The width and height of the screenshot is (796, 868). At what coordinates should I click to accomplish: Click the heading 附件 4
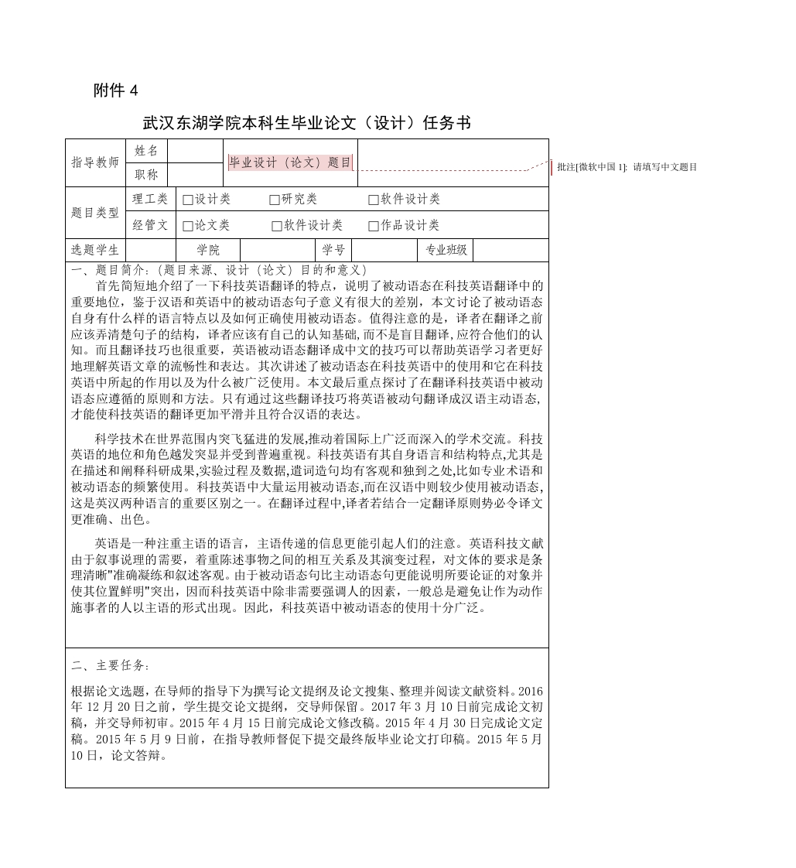coord(115,91)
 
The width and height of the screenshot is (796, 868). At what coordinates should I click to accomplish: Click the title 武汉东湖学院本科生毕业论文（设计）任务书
coord(306,123)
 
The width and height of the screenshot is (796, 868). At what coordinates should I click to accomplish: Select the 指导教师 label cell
coord(95,162)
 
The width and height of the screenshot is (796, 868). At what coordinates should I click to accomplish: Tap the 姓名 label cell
coord(146,151)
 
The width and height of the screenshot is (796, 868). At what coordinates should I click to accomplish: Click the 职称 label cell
coord(146,175)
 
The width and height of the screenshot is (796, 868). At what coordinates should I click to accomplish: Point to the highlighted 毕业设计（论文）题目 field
coord(290,162)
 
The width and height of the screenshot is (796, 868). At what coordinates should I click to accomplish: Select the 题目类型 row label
coord(95,213)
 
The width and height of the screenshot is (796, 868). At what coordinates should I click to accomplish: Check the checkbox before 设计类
coord(188,200)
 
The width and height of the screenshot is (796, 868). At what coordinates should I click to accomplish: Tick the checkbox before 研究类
coord(275,200)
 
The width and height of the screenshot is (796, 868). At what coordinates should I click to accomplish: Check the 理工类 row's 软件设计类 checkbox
coord(374,200)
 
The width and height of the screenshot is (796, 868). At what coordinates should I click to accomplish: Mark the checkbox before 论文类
coord(188,226)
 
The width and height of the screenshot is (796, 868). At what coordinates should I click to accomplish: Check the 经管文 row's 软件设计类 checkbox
coord(277,226)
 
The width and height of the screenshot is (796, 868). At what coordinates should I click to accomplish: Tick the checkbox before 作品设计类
coord(374,226)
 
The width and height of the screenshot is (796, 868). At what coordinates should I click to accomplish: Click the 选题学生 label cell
coord(95,250)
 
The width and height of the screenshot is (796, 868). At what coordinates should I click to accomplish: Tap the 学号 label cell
coord(333,250)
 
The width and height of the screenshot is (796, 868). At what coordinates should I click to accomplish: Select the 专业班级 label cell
coord(446,250)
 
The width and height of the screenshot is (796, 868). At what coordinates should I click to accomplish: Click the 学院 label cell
coord(208,250)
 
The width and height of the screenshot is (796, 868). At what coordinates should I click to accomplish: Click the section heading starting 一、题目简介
coord(220,270)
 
